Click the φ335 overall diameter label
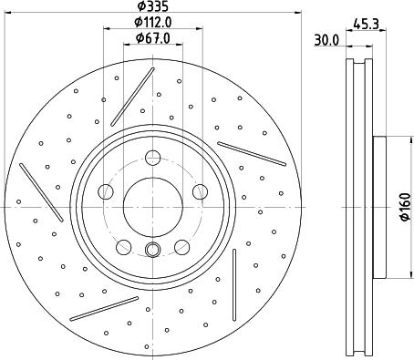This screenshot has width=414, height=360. point(151,7)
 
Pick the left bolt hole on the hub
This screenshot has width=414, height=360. point(106,190)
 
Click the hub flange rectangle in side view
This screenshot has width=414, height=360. point(378,207)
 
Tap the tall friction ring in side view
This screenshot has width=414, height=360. point(357,207)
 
